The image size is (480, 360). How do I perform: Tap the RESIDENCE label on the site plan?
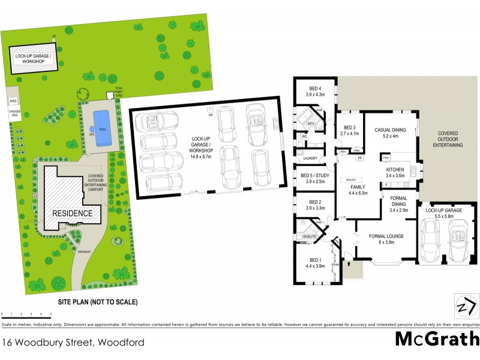72,213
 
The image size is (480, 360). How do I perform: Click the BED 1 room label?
314,260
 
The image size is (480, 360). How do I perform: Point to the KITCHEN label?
394,170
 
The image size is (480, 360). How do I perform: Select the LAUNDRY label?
310,158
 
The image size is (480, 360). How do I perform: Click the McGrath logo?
437,340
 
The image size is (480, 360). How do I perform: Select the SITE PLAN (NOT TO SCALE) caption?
98,302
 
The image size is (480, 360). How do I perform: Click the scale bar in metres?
26,314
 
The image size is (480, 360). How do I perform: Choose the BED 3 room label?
350,127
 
